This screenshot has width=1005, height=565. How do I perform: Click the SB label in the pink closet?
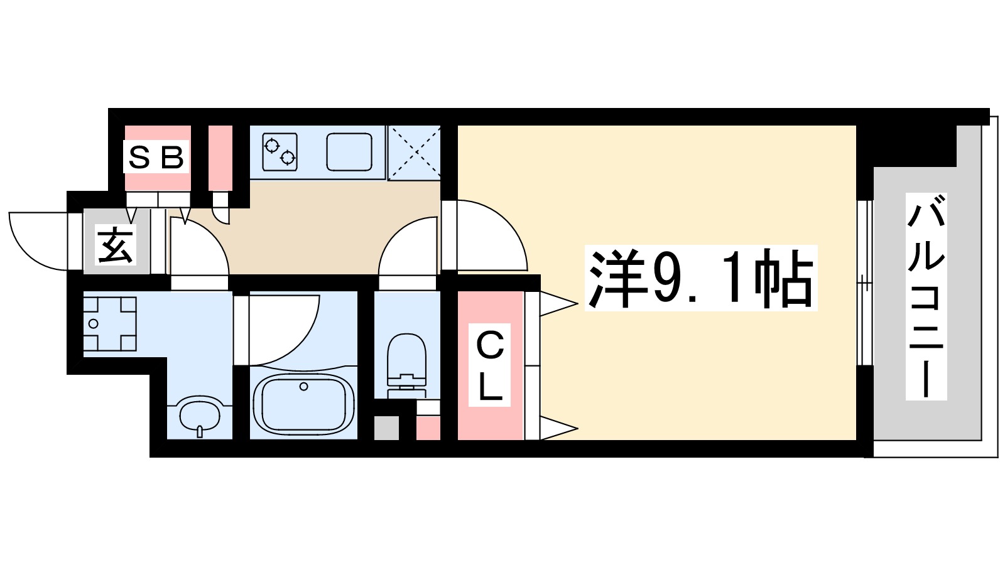[157, 157]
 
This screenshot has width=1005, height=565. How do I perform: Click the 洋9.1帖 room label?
[700, 277]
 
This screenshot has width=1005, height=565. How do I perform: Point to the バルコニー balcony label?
[926, 296]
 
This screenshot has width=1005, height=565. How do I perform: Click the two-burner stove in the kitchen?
[280, 151]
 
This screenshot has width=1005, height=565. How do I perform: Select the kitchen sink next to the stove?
[349, 151]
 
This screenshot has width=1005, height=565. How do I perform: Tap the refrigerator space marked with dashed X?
[414, 153]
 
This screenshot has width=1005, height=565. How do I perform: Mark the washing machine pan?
[110, 324]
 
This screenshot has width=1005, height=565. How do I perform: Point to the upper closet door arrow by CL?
[558, 304]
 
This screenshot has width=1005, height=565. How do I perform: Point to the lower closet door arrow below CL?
[558, 430]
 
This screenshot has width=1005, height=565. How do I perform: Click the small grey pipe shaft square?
[386, 428]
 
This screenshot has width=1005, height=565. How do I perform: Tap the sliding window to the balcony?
[865, 282]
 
